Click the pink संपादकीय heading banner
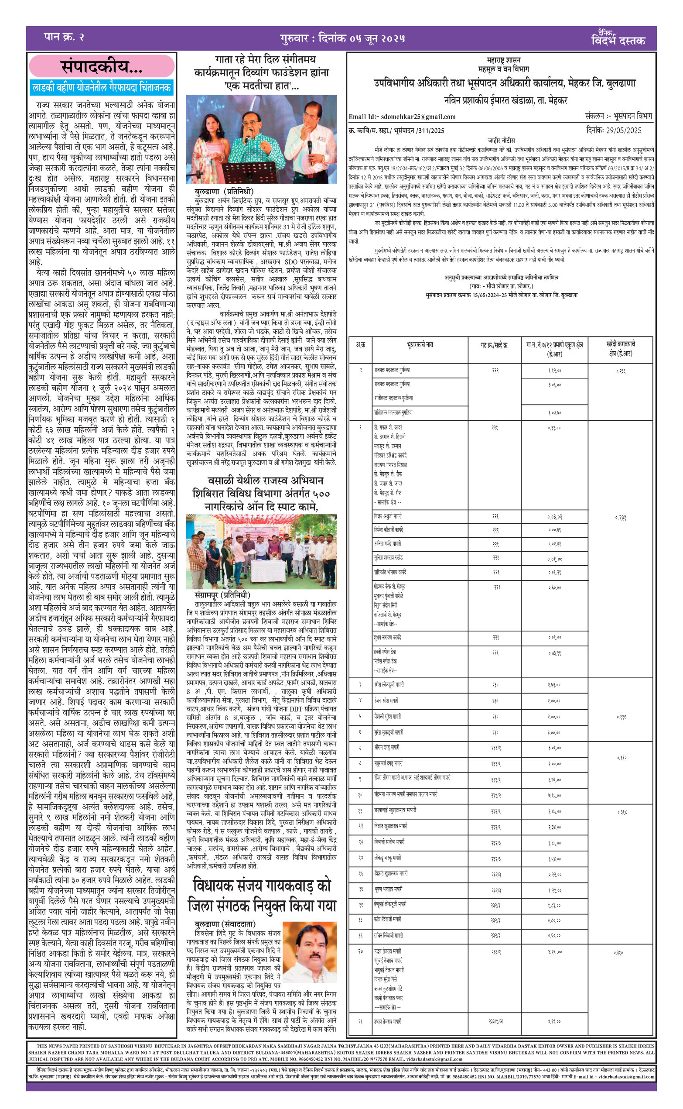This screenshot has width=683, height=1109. pos(102,67)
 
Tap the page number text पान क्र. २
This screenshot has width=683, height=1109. pos(64,37)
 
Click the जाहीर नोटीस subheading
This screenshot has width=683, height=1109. pos(501,140)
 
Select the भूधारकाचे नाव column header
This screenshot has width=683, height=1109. pos(420,345)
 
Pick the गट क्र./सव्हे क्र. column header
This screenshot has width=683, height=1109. pos(494,345)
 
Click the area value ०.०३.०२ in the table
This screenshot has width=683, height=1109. pos(554,517)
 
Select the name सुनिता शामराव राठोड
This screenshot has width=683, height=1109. pos(389,558)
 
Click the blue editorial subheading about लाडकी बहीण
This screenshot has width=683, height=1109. pos(102,88)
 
